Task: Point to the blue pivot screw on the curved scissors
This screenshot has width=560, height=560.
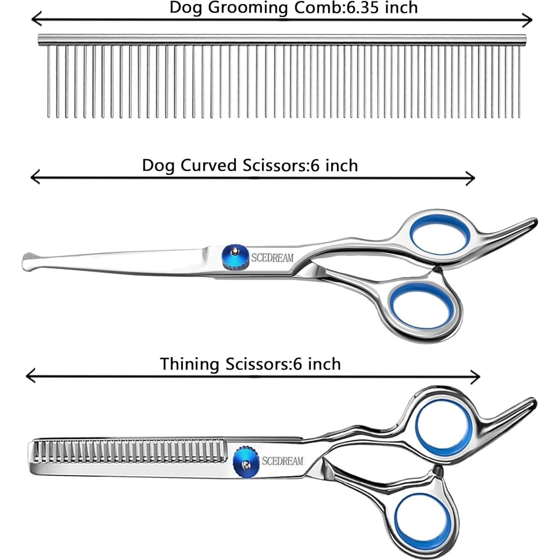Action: (235, 257)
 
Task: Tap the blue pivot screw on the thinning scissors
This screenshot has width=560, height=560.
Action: (246, 461)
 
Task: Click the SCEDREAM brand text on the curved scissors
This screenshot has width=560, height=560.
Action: (272, 258)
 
